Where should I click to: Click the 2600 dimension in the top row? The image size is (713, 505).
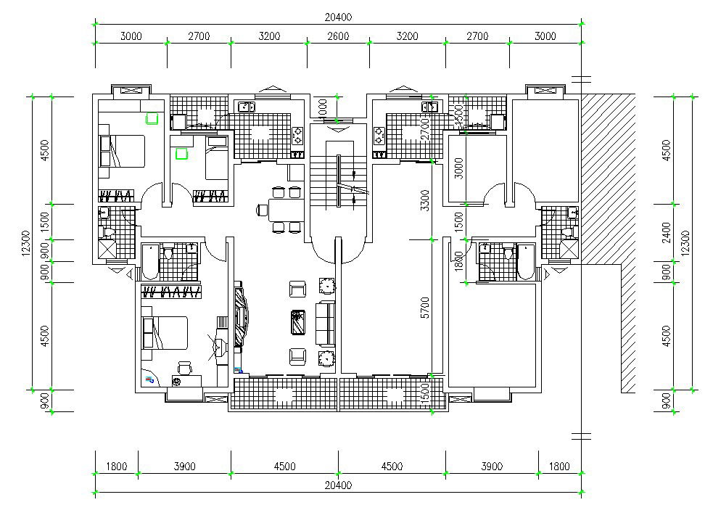click(337, 36)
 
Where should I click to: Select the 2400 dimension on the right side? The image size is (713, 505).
click(667, 236)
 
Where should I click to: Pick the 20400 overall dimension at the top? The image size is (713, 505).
click(338, 17)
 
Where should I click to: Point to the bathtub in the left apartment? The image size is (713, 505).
click(149, 261)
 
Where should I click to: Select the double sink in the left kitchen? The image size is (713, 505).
click(246, 107)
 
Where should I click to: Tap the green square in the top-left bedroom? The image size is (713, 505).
click(152, 118)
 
